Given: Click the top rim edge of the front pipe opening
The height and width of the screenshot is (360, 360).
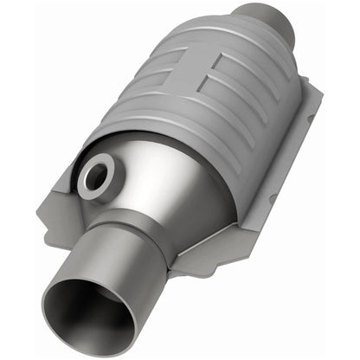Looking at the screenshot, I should tap(74, 260).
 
